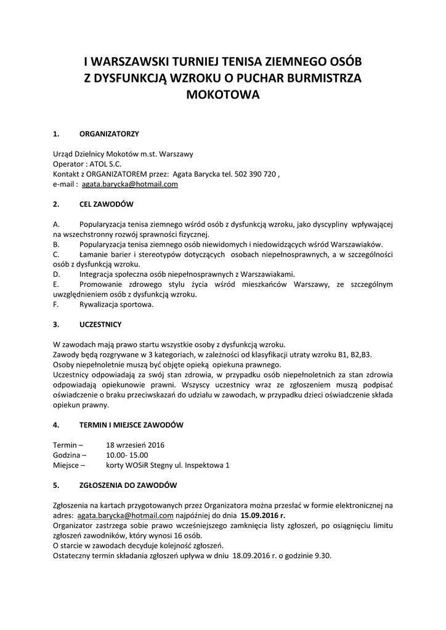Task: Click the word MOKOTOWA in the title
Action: pyautogui.click(x=223, y=95)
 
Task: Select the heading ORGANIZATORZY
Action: pyautogui.click(x=109, y=134)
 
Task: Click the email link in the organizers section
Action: pyautogui.click(x=130, y=184)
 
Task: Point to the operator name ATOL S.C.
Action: pyautogui.click(x=105, y=164)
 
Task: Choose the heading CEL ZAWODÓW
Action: pyautogui.click(x=107, y=204)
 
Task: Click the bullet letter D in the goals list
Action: pyautogui.click(x=56, y=274)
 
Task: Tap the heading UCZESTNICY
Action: pyautogui.click(x=100, y=324)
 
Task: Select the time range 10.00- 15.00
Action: pyautogui.click(x=127, y=455)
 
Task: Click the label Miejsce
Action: pyautogui.click(x=67, y=465)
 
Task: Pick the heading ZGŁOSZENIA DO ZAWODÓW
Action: pyautogui.click(x=128, y=485)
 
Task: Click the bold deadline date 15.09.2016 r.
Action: pyautogui.click(x=263, y=515)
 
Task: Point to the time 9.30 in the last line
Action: pyautogui.click(x=323, y=555)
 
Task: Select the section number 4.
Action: pyautogui.click(x=56, y=425)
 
